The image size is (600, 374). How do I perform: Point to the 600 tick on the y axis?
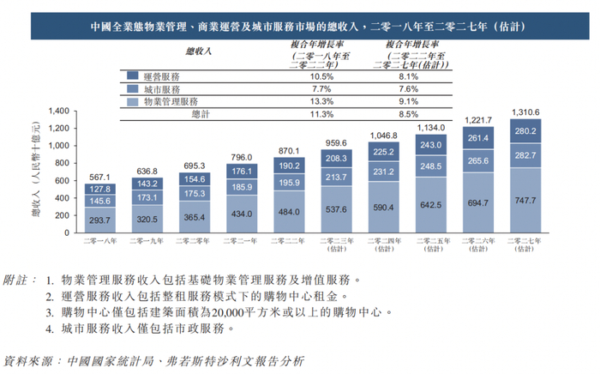click(x=61, y=180)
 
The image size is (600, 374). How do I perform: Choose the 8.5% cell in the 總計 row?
click(x=409, y=113)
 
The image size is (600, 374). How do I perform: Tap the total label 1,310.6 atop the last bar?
click(x=525, y=112)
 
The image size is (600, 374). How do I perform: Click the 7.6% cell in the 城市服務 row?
click(x=409, y=88)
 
